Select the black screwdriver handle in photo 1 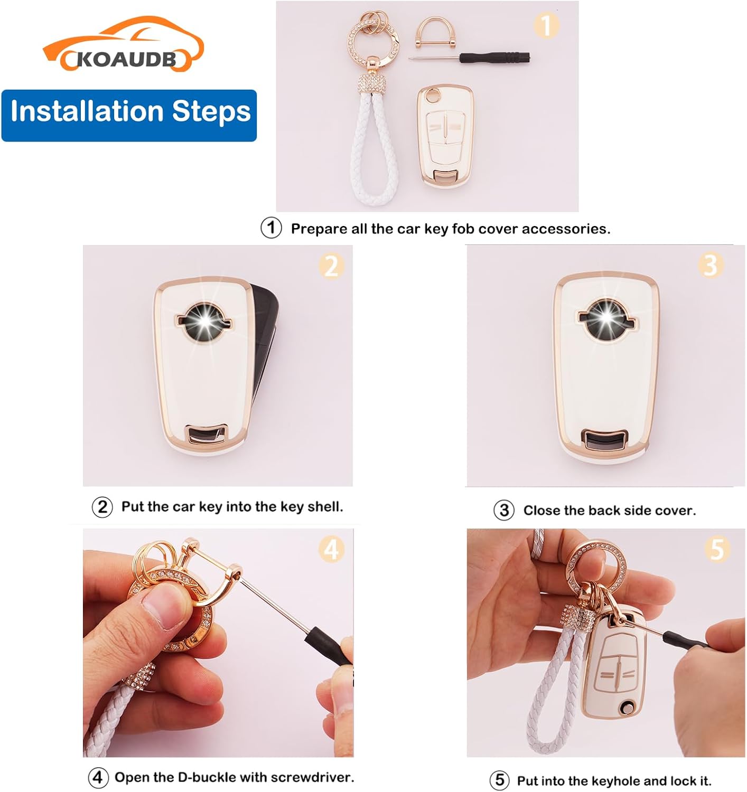point(494,58)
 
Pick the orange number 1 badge point(546,25)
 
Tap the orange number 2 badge point(331,266)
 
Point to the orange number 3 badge point(711,265)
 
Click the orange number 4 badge point(331,549)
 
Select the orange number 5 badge point(717,549)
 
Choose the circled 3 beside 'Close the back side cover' point(504,511)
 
